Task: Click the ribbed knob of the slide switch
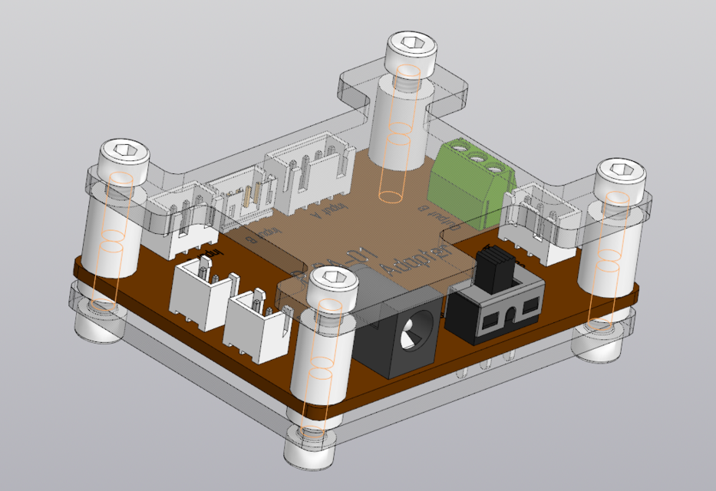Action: [x=491, y=266]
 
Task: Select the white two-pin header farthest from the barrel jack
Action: [x=202, y=295]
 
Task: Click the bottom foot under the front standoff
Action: [x=311, y=453]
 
